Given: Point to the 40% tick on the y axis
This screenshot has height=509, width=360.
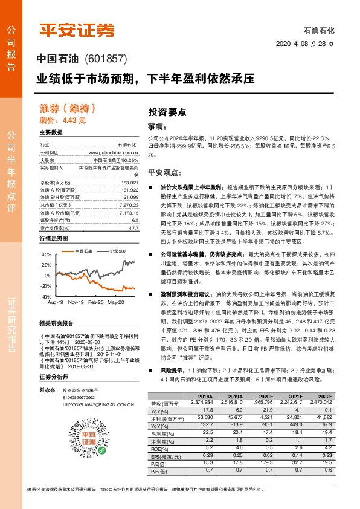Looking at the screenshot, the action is [47, 255].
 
